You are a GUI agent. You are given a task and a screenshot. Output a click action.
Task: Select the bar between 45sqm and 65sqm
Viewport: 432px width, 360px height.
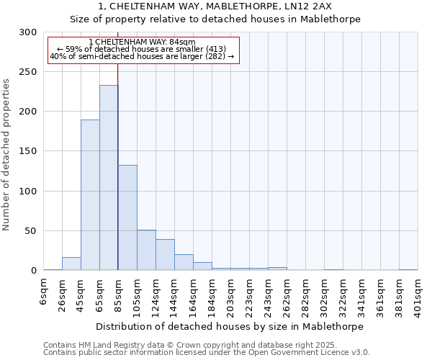click(x=90, y=195)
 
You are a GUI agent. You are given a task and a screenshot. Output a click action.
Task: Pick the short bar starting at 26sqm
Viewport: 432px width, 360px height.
click(x=71, y=264)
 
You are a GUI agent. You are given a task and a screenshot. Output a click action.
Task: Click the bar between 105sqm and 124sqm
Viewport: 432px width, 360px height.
click(x=146, y=250)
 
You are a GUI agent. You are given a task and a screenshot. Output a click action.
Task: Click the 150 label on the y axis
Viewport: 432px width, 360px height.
click(x=27, y=151)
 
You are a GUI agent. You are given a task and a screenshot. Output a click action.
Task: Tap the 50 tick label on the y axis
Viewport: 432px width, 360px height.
click(x=30, y=231)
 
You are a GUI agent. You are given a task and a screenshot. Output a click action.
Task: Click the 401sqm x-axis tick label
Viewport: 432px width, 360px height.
click(x=418, y=294)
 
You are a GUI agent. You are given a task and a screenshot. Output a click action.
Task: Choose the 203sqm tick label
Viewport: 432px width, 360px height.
click(x=230, y=294)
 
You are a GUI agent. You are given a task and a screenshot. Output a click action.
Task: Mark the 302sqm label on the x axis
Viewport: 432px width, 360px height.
click(x=324, y=294)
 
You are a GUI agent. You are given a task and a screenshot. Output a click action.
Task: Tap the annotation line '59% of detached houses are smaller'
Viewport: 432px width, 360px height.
click(x=141, y=49)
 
